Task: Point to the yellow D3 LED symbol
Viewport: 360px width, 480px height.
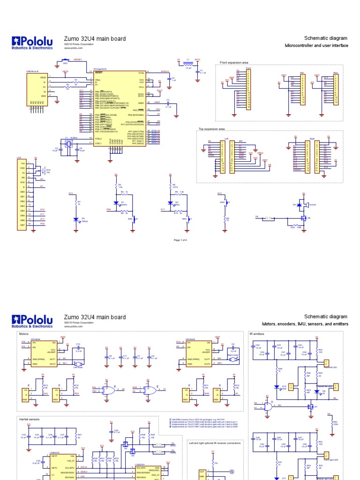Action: point(75,219)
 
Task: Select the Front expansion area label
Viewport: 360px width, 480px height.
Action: point(234,62)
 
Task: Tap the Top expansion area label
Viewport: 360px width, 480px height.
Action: point(212,128)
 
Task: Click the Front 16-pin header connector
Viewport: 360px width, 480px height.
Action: point(248,89)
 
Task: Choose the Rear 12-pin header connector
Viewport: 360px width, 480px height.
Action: point(336,90)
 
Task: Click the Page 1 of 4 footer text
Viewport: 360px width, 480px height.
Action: point(180,240)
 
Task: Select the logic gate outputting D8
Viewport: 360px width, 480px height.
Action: point(113,390)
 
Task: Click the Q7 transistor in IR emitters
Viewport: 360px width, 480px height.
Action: point(310,406)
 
